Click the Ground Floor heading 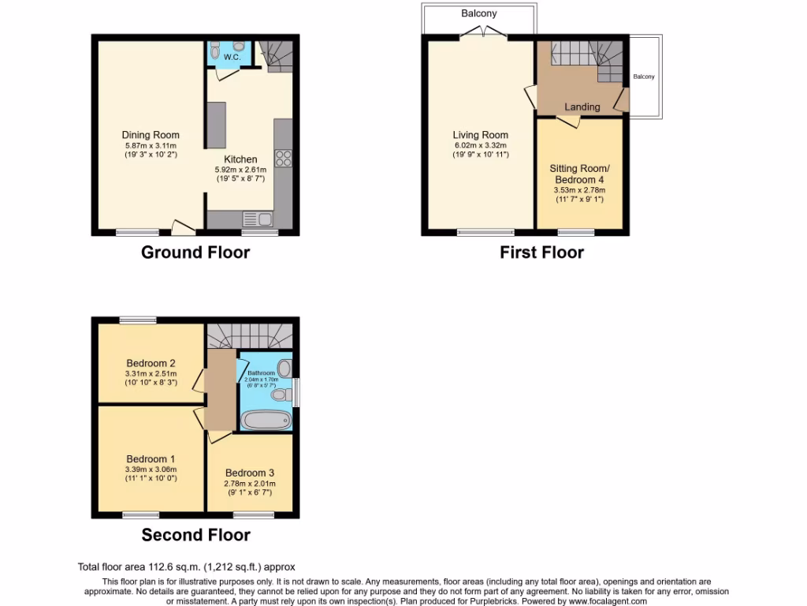(x=195, y=252)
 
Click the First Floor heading (x=541, y=252)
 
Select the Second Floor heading (x=195, y=535)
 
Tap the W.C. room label (x=232, y=58)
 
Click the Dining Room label (x=151, y=135)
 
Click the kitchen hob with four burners (x=283, y=158)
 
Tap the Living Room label (x=480, y=135)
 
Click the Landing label (x=582, y=107)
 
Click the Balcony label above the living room (x=479, y=13)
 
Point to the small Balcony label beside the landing (x=644, y=77)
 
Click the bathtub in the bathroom (x=266, y=419)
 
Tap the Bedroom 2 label (x=151, y=363)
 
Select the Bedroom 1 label (x=151, y=458)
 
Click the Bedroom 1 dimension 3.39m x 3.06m (x=151, y=469)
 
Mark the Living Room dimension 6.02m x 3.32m (x=480, y=145)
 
